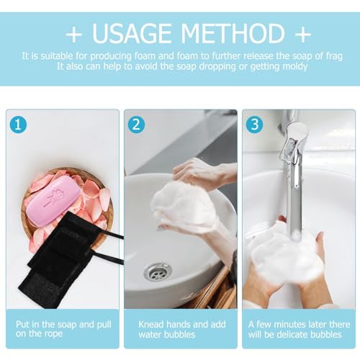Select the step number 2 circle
[137, 124]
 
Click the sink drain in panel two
[157, 271]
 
